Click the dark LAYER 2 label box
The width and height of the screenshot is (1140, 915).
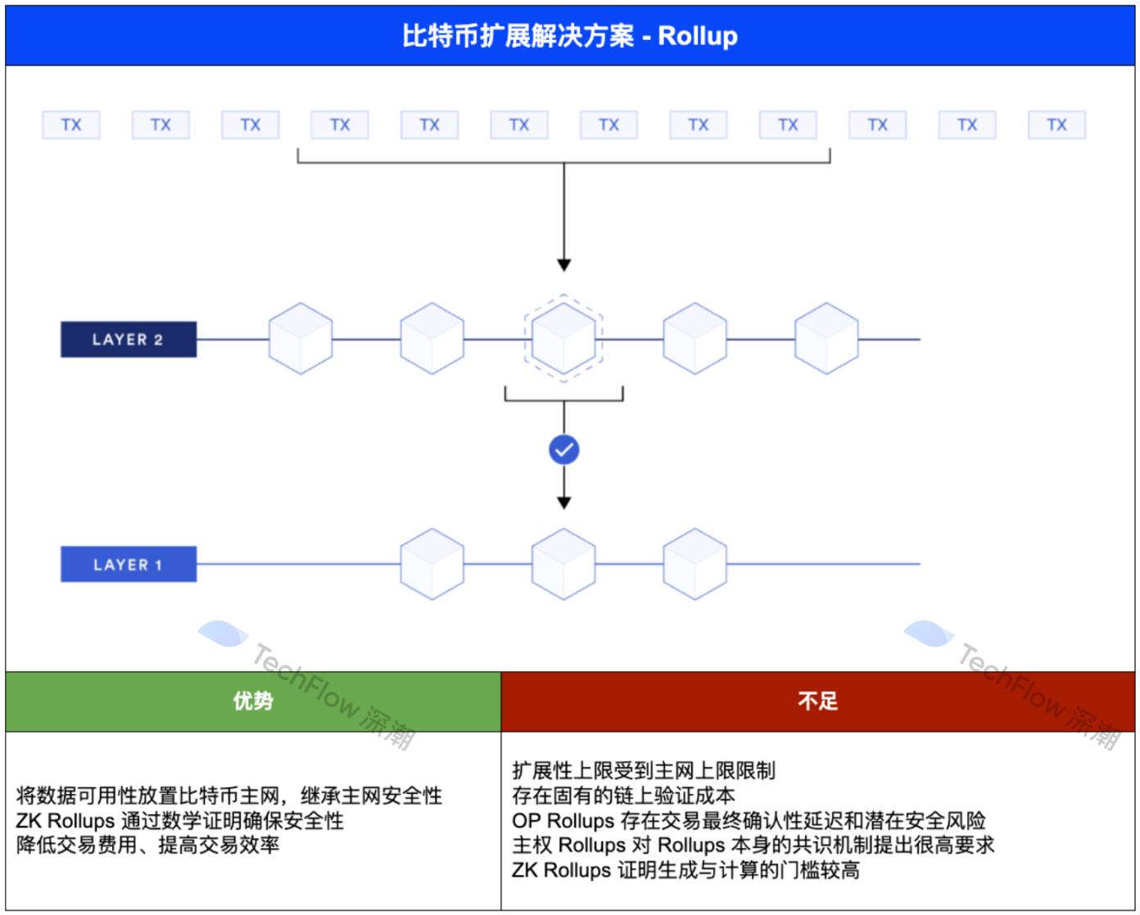(x=129, y=340)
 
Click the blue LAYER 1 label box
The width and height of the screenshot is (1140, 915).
(x=129, y=565)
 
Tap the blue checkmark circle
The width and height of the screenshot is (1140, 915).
(x=563, y=449)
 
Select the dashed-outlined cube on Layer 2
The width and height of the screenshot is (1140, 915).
(x=563, y=338)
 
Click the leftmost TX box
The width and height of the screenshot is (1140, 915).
(x=71, y=125)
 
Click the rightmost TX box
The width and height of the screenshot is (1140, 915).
(x=1056, y=125)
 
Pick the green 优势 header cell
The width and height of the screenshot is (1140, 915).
(x=253, y=701)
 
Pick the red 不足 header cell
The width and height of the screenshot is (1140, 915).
(x=817, y=701)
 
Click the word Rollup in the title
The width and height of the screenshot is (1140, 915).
(x=698, y=36)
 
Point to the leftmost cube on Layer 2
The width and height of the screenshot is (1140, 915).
(x=301, y=338)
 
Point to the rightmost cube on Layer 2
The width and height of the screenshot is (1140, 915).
(x=826, y=338)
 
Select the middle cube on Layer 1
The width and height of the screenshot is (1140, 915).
(x=563, y=564)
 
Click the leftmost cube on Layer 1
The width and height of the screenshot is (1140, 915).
(x=432, y=564)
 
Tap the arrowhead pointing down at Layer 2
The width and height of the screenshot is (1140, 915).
(x=563, y=265)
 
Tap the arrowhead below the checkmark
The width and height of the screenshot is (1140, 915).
(x=563, y=503)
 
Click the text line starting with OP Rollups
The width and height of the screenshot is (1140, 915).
(x=749, y=821)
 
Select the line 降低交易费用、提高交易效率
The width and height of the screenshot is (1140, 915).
(x=148, y=845)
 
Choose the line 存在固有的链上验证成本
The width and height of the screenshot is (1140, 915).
(x=623, y=796)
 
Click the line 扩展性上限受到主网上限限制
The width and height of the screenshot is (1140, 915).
(x=644, y=771)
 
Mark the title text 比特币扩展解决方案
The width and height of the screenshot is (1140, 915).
(x=518, y=36)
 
